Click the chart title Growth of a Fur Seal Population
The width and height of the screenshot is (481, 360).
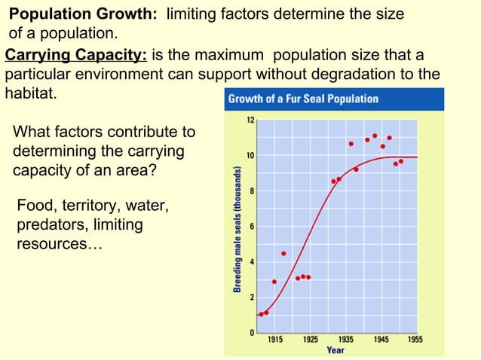303,99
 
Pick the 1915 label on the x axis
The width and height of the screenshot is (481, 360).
276,340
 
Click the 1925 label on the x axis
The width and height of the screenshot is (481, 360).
311,340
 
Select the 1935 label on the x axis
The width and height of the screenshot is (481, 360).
346,340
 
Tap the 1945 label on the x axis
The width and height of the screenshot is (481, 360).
381,340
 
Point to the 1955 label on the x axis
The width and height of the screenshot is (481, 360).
415,340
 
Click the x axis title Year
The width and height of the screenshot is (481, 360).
335,350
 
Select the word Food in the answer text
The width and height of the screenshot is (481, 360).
35,206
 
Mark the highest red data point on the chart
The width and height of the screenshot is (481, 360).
375,136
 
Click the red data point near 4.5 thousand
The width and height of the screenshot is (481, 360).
283,253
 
